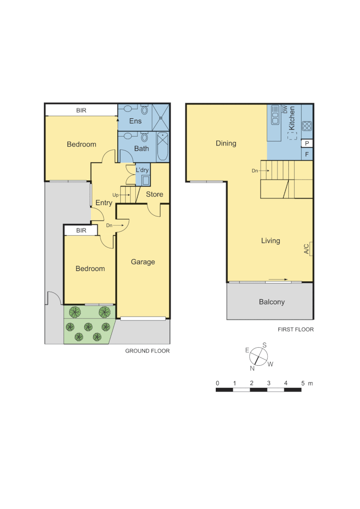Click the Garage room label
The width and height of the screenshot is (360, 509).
[143, 262]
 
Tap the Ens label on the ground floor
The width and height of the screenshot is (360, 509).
[135, 121]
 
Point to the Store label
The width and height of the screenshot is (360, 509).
[154, 194]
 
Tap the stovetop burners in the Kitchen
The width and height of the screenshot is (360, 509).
[307, 126]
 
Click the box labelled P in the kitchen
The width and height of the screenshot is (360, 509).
[307, 144]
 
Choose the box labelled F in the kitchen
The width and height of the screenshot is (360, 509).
[307, 154]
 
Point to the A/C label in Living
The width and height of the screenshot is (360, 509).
[306, 249]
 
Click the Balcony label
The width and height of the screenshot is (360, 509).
[271, 302]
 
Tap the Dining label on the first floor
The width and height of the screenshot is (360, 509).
[226, 143]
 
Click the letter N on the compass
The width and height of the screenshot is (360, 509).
[252, 368]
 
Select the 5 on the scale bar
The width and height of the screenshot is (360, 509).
[303, 383]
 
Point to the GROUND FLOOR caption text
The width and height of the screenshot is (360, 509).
[147, 351]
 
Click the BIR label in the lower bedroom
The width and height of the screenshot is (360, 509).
[81, 230]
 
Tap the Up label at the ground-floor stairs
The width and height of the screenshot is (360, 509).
[115, 195]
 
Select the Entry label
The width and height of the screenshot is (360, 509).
[104, 203]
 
